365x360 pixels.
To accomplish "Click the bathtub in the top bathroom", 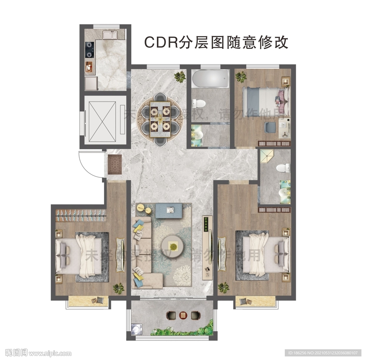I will [x=210, y=79].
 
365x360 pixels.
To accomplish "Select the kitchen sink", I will [x=110, y=35].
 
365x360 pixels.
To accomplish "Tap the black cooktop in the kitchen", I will [x=89, y=50].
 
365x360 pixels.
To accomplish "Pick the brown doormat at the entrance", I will [x=115, y=164].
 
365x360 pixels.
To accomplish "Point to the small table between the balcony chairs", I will [x=183, y=315].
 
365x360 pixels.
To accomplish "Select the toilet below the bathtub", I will [x=199, y=104].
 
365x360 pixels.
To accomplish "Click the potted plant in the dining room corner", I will [x=180, y=76].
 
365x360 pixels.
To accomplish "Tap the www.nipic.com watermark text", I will [x=50, y=354].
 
